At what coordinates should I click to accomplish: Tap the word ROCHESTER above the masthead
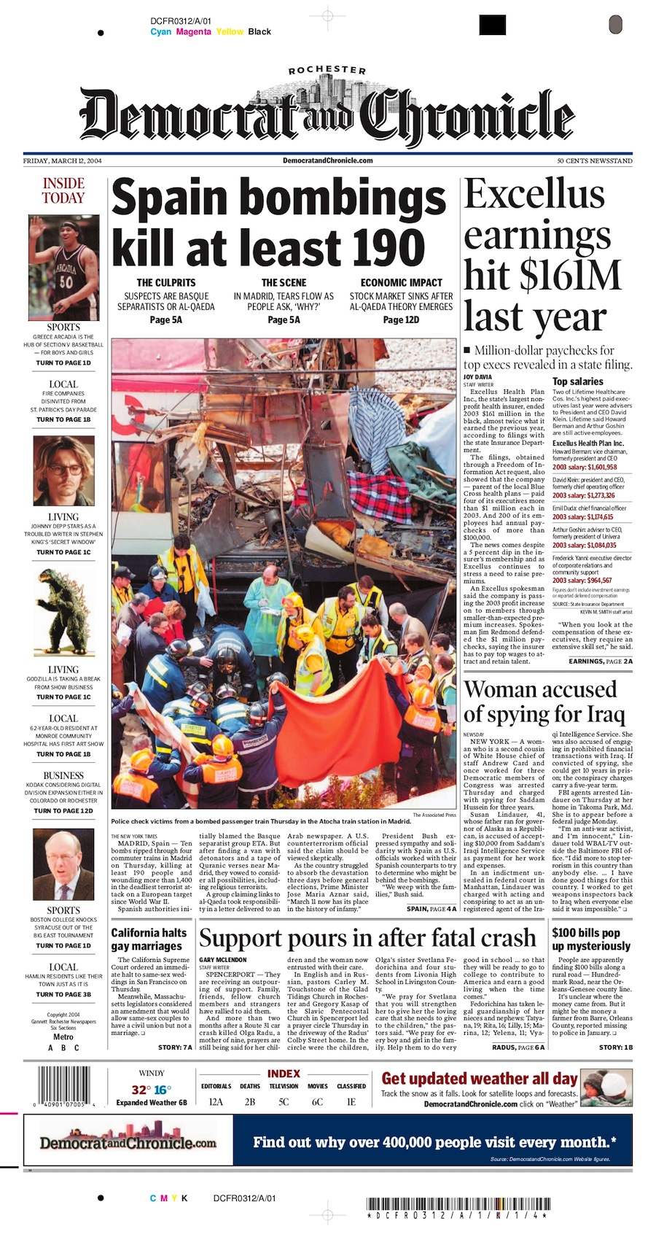click(x=327, y=71)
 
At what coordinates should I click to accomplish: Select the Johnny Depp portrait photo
click(x=63, y=470)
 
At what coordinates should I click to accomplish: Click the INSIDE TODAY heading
click(x=63, y=190)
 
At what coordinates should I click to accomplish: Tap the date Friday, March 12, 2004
click(x=63, y=161)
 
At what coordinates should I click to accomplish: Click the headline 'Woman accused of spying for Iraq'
click(x=540, y=701)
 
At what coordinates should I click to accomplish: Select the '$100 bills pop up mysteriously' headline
click(x=591, y=939)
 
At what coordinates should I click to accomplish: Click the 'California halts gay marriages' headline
click(x=149, y=939)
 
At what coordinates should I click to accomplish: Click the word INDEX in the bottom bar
click(x=284, y=1074)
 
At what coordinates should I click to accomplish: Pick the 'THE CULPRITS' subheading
click(x=166, y=282)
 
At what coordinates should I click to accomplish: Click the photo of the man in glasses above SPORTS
click(x=63, y=865)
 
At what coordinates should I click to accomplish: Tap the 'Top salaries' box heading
click(x=578, y=381)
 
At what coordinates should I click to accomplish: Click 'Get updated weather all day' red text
click(x=479, y=1079)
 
